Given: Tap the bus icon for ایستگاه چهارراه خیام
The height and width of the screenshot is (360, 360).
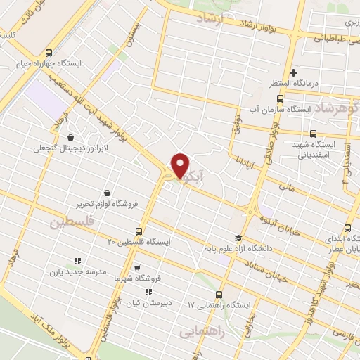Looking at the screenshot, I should pos(49,53).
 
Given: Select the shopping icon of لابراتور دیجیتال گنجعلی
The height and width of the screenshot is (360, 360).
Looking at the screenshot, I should pos(70,138).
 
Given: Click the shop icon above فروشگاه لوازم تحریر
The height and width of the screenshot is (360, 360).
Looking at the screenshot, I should pos(106,193).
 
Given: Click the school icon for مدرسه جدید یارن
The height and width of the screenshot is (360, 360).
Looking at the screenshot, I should pos(77,261).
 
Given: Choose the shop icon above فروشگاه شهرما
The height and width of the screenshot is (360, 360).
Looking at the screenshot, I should pos(136,267).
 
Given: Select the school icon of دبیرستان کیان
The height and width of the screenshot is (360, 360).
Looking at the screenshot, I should pos(148,292).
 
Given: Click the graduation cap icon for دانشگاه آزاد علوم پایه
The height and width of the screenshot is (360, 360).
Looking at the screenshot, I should pos(238,238).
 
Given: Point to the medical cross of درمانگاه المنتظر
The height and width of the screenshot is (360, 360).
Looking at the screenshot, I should pos(293,72).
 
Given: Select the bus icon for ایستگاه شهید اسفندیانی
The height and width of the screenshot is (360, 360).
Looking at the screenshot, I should pos(314,134).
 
